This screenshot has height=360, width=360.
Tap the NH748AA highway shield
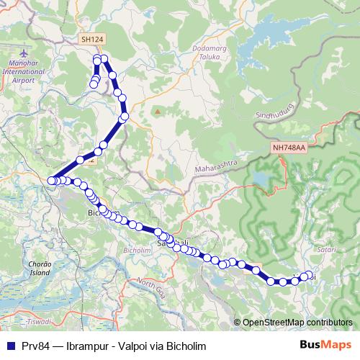tap(289, 147)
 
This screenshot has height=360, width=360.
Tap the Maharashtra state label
tap(216, 168)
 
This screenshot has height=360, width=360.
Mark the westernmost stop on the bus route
tap(51, 181)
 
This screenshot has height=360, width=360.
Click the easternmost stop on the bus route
tap(310, 275)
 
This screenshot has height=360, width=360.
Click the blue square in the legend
tap(10, 344)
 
